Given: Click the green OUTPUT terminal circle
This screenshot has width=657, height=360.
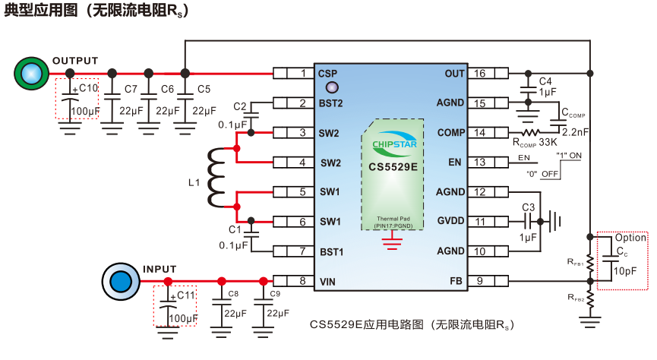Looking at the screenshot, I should pyautogui.click(x=30, y=73).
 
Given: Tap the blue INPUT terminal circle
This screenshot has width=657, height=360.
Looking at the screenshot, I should pyautogui.click(x=119, y=281).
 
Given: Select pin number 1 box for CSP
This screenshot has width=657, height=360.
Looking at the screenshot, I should pyautogui.click(x=302, y=74).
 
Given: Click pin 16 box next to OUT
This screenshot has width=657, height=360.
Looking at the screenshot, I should pyautogui.click(x=480, y=74).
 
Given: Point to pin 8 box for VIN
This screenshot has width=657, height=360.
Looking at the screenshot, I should pyautogui.click(x=302, y=281).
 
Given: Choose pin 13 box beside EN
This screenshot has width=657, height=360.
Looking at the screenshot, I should pyautogui.click(x=480, y=163).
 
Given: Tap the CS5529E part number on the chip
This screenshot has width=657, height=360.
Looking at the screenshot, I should pyautogui.click(x=393, y=166).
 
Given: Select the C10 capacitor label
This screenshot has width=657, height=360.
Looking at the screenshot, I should pyautogui.click(x=89, y=88).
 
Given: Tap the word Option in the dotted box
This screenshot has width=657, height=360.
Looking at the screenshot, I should pyautogui.click(x=630, y=238).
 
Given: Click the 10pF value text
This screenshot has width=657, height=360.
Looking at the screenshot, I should pyautogui.click(x=625, y=271).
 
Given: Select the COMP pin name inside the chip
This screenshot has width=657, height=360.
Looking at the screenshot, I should pyautogui.click(x=451, y=133).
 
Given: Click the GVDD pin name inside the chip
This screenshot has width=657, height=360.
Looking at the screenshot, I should pyautogui.click(x=451, y=222).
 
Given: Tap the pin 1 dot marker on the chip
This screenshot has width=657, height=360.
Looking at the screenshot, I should pyautogui.click(x=331, y=89).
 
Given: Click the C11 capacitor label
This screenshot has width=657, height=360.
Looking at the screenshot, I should pyautogui.click(x=185, y=295).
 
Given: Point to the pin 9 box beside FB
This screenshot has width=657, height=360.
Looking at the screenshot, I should pyautogui.click(x=480, y=281).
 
